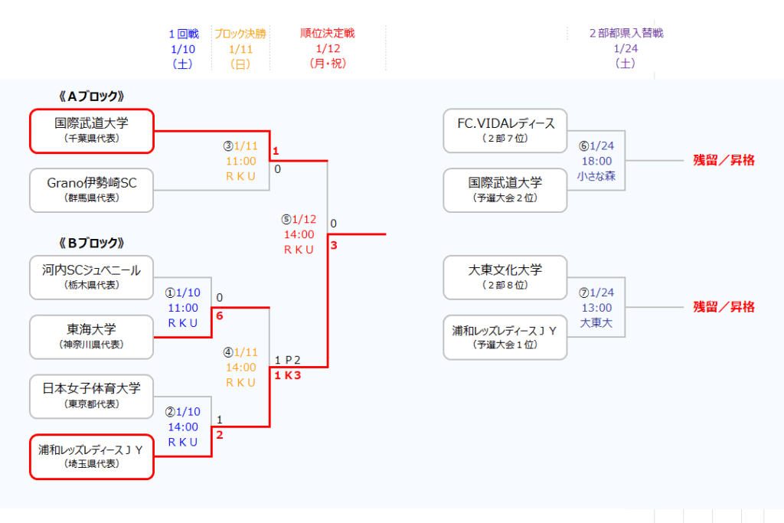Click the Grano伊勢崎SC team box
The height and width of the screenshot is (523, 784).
pyautogui.click(x=91, y=190)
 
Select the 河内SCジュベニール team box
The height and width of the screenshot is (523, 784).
pyautogui.click(x=91, y=276)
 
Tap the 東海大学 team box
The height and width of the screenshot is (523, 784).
pyautogui.click(x=91, y=336)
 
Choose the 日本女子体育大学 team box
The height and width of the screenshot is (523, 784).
pyautogui.click(x=91, y=396)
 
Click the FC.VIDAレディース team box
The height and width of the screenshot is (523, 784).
pyautogui.click(x=505, y=130)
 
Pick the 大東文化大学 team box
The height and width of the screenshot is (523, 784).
pyautogui.click(x=505, y=276)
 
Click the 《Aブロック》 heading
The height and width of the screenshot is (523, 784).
pyautogui.click(x=91, y=96)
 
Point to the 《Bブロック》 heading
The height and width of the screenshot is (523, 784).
pyautogui.click(x=91, y=243)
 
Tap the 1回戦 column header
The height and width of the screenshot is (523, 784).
pyautogui.click(x=184, y=34)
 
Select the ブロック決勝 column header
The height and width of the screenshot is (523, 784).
pyautogui.click(x=240, y=34)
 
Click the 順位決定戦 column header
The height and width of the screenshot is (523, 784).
pyautogui.click(x=328, y=34)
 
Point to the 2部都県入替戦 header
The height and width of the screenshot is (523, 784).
pyautogui.click(x=626, y=34)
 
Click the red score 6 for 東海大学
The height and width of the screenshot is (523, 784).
pyautogui.click(x=220, y=315)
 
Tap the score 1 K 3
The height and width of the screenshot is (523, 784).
pyautogui.click(x=287, y=375)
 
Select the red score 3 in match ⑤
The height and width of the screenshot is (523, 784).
pyautogui.click(x=334, y=246)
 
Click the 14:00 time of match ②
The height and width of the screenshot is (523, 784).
pyautogui.click(x=183, y=427)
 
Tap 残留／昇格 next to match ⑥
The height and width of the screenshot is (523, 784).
pyautogui.click(x=724, y=160)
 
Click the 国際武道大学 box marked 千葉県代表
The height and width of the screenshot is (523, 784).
pyautogui.click(x=91, y=130)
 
